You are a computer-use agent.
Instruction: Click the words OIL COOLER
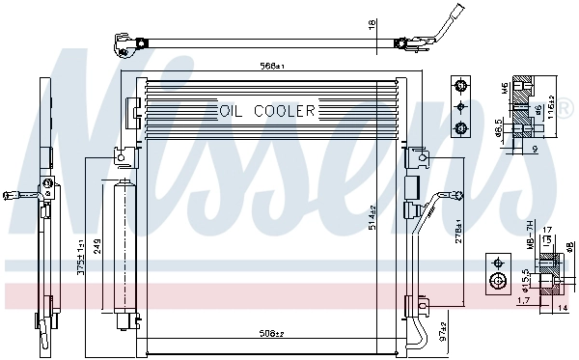268,111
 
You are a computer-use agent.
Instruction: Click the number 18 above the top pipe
371,23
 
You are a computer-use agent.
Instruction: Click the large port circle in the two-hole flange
498,281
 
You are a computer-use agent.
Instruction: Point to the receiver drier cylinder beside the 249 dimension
123,246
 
